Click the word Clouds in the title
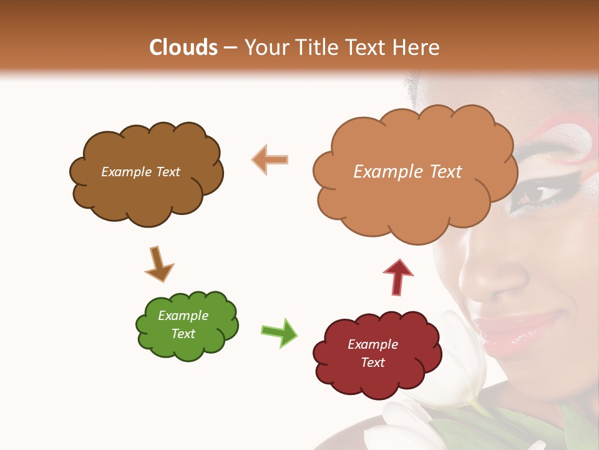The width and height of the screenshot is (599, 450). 183,47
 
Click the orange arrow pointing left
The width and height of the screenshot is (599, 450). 270,160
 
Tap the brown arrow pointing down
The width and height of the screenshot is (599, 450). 158,264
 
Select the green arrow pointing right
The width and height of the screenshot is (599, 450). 279,332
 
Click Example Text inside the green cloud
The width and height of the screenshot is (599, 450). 183,324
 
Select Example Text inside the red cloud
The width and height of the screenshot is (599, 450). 373,353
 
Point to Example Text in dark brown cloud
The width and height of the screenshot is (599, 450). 140,172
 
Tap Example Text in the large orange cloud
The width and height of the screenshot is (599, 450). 407,172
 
